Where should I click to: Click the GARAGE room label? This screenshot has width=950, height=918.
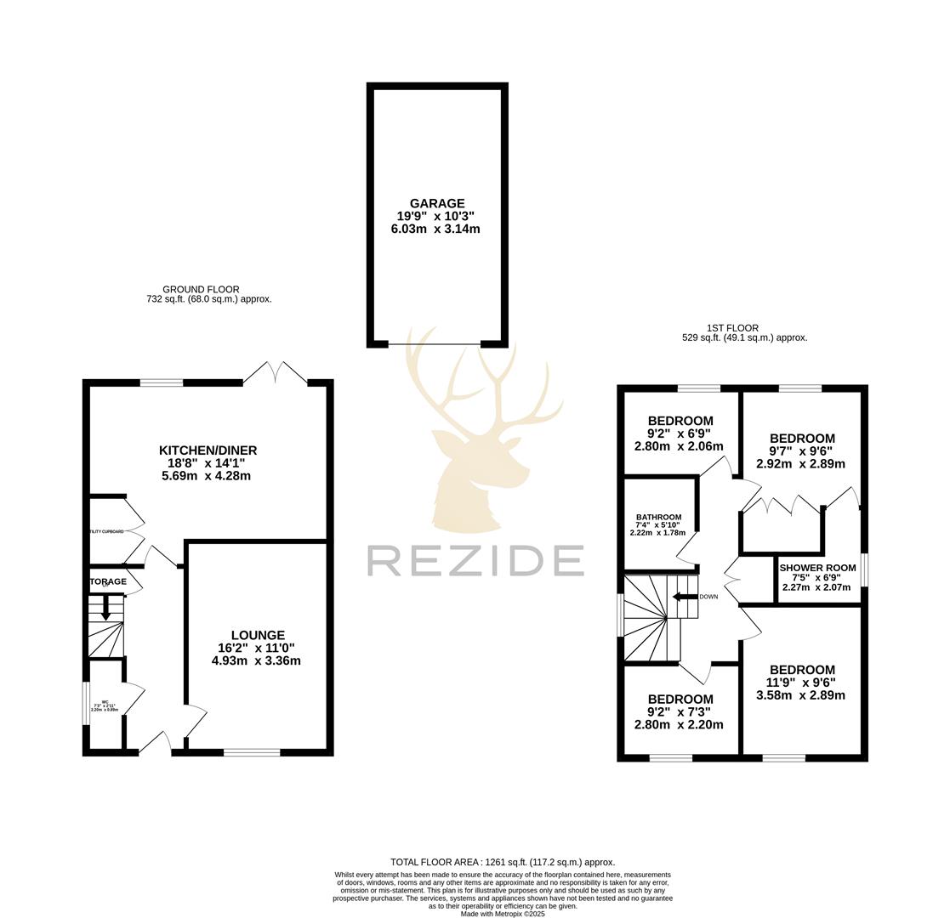click(437, 203)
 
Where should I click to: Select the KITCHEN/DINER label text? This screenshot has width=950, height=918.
click(208, 450)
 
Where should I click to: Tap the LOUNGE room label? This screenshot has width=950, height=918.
click(258, 635)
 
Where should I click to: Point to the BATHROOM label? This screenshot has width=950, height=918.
click(658, 517)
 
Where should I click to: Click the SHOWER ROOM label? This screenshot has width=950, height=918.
click(817, 568)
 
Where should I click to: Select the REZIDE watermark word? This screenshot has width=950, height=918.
click(475, 561)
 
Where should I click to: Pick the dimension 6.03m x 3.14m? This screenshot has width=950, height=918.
click(435, 229)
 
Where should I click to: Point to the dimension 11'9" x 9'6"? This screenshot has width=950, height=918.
click(800, 683)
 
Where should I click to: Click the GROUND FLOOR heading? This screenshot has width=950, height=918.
click(201, 290)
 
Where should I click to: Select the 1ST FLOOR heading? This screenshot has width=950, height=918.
click(732, 328)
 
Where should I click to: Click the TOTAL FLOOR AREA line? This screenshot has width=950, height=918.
click(502, 862)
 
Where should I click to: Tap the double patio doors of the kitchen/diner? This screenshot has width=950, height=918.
click(276, 374)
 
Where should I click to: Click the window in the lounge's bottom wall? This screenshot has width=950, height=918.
click(252, 752)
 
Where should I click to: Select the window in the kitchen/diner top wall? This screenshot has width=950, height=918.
click(162, 383)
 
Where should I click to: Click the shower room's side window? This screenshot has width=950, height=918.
click(864, 569)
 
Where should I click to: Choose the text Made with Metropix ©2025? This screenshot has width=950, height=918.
click(502, 914)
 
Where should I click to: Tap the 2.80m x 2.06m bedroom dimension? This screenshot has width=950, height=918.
click(679, 446)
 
